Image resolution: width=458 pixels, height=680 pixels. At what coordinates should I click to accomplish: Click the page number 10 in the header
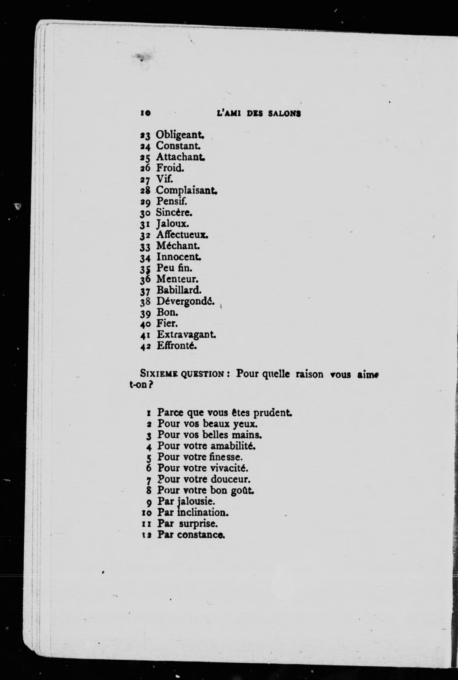pos(145,113)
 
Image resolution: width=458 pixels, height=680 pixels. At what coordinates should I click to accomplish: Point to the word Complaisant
pos(187,191)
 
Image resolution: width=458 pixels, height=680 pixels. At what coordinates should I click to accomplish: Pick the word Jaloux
pos(173,224)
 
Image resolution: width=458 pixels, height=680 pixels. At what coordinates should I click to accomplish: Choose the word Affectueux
pos(182,235)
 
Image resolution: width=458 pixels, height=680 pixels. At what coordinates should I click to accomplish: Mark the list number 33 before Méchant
pos(145,247)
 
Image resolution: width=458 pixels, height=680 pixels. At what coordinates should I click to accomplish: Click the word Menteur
pos(178,279)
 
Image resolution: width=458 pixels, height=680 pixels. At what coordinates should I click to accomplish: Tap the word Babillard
pos(179,290)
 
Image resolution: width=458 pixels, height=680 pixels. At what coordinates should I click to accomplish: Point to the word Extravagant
pos(186,335)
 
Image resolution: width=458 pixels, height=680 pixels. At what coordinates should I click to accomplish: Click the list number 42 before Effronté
pos(145,347)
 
